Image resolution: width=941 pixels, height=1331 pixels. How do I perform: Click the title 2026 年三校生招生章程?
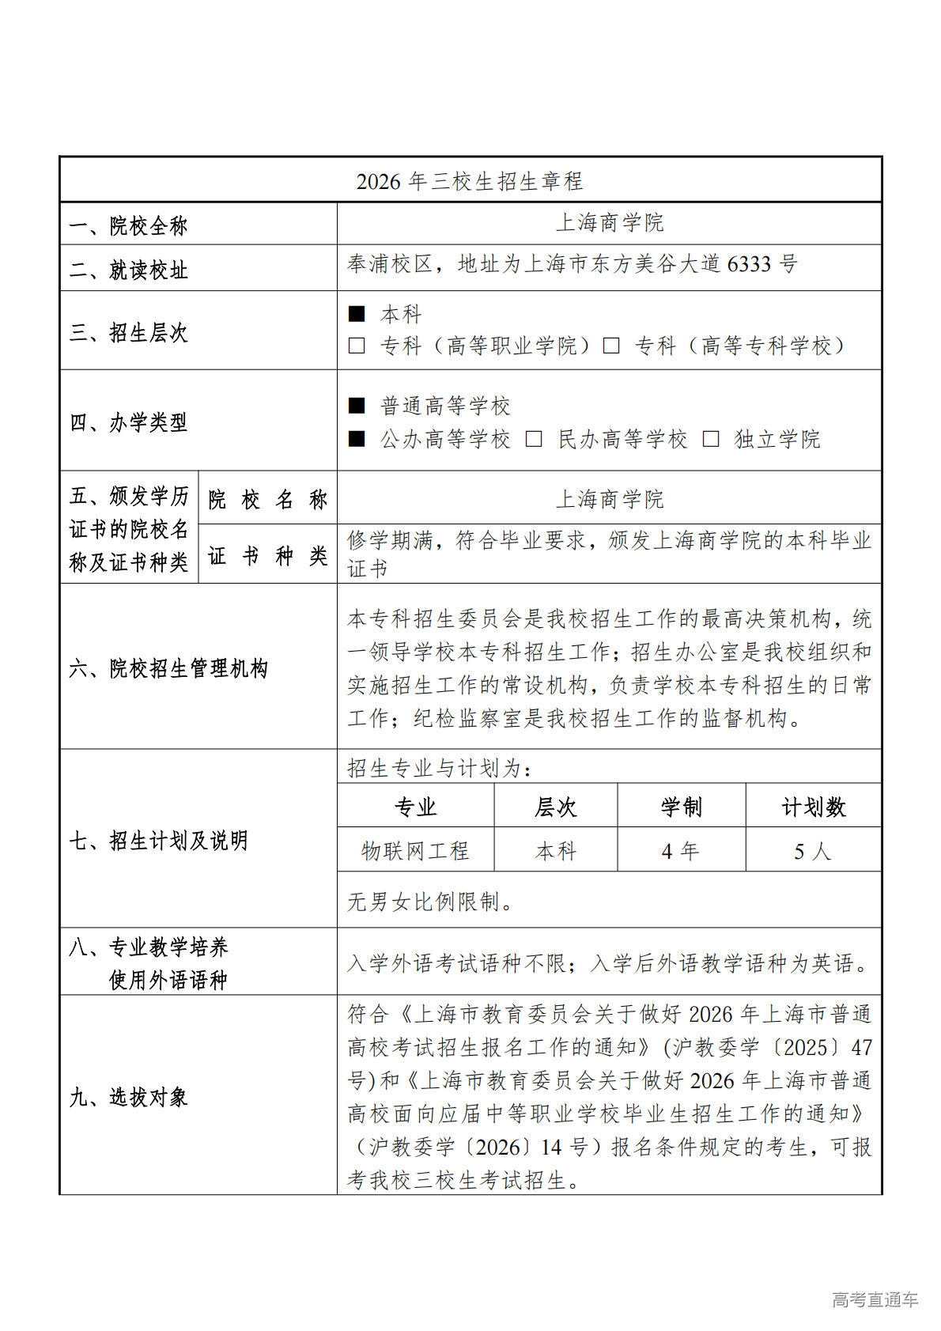(x=470, y=181)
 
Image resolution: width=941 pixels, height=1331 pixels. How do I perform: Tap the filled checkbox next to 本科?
(x=357, y=314)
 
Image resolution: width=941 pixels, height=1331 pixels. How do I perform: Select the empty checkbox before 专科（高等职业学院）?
(x=357, y=346)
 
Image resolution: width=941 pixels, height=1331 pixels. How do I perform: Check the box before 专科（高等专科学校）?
(x=611, y=346)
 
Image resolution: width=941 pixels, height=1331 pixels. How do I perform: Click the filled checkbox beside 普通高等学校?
(x=357, y=406)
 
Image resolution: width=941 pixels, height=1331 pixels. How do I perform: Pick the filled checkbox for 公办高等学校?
(x=357, y=439)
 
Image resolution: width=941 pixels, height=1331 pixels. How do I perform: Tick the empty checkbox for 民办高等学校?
(x=534, y=439)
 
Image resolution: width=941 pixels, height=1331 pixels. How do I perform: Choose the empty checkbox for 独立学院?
(x=711, y=439)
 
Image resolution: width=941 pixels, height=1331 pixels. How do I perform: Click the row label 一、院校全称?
(x=129, y=226)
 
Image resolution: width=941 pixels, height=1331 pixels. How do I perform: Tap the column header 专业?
(x=416, y=807)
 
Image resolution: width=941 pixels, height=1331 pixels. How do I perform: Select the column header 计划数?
(x=813, y=807)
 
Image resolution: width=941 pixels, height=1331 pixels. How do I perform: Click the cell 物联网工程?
(x=416, y=851)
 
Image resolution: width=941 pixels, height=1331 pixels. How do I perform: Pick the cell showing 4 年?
(x=681, y=851)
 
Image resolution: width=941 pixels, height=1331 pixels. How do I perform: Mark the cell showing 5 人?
(x=813, y=851)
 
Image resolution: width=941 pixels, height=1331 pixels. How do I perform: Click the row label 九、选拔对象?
(x=129, y=1097)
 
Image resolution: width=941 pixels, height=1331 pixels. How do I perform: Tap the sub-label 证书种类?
(x=268, y=556)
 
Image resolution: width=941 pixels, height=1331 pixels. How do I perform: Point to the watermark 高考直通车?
(x=875, y=1299)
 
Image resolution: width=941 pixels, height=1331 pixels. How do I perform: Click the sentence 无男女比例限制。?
(x=431, y=902)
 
